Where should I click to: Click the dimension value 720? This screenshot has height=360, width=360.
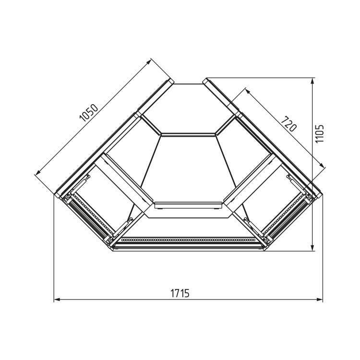pos(288,124)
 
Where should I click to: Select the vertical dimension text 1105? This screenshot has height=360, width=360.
pos(319,133)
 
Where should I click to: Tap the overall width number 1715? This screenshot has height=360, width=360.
pos(180,293)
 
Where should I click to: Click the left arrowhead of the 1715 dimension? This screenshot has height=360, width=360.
pos(57,300)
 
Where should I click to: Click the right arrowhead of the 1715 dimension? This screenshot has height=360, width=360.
pos(320,300)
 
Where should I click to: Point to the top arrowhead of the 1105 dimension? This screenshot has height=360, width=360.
pos(312,81)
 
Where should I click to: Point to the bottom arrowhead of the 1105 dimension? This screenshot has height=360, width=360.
pos(312,248)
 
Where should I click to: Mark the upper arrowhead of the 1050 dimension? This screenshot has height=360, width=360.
pos(149,61)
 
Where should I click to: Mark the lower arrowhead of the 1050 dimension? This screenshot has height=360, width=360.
pos(37,172)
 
